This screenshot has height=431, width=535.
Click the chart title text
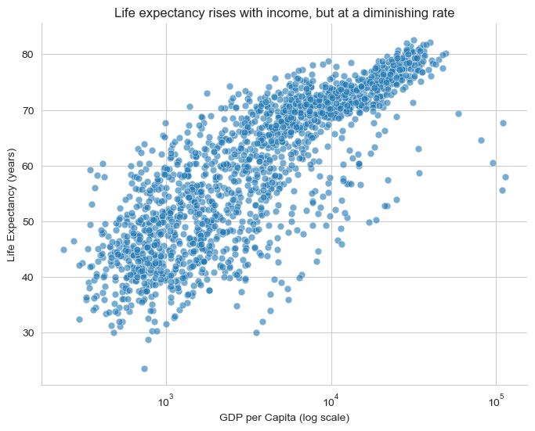[x=284, y=13]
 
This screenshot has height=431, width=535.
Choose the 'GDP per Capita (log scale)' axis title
[x=284, y=418]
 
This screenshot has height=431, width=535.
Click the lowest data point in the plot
[x=145, y=368]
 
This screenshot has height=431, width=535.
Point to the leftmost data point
[x=63, y=250]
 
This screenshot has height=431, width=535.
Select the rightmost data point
[x=505, y=177]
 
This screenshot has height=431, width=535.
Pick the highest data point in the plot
[x=414, y=40]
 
